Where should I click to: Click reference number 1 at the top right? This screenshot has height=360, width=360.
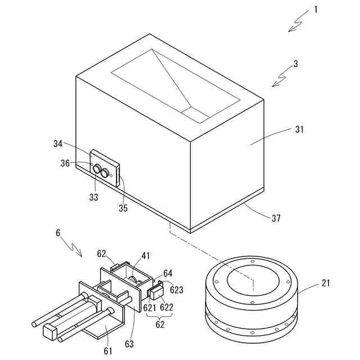(316, 10)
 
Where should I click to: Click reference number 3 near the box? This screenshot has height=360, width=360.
(295, 64)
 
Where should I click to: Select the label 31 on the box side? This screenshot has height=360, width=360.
(299, 129)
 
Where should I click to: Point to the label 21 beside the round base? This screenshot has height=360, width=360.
(326, 283)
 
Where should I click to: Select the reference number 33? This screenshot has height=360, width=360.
(94, 197)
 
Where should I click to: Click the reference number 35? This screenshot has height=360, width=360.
(123, 208)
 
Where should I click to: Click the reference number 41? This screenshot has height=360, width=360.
(146, 255)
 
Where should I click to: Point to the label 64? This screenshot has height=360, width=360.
(168, 273)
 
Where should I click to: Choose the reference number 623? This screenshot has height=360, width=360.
(176, 291)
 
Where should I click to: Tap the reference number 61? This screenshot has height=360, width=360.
(108, 352)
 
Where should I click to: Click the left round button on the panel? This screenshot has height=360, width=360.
(97, 168)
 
